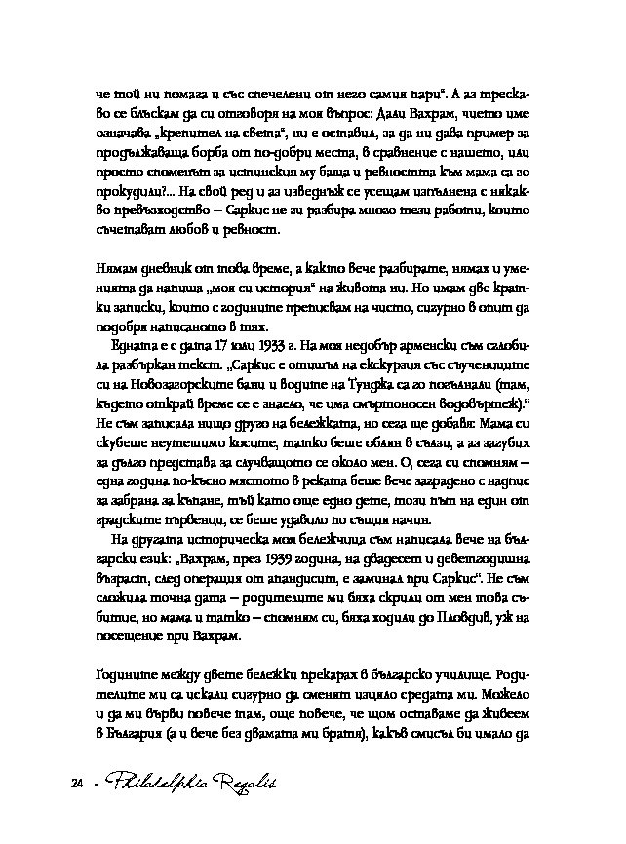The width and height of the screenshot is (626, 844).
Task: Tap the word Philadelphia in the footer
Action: (x=147, y=782)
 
